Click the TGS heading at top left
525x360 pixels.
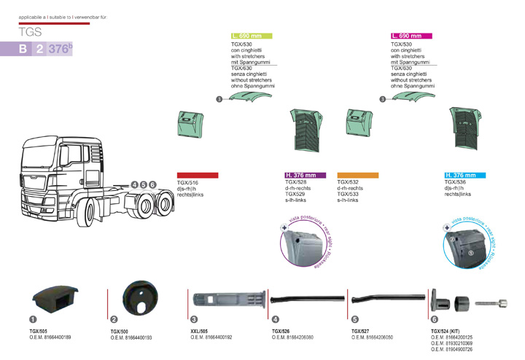click(32, 32)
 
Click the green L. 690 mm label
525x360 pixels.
click(251, 36)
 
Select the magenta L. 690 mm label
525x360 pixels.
click(411, 36)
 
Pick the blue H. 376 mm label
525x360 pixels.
click(465, 176)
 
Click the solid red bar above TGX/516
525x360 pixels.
click(198, 176)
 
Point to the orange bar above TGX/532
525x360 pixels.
click(357, 176)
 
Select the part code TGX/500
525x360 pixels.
click(120, 332)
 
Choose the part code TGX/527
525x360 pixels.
click(362, 332)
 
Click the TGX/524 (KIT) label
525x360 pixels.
click(447, 332)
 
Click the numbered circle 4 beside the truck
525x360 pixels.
click(135, 185)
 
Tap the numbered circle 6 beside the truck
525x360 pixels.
click(152, 185)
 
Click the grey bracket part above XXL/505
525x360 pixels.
click(226, 300)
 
